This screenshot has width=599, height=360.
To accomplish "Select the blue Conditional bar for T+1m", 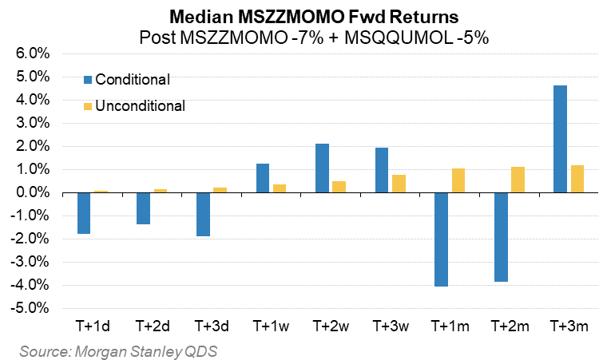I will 440,239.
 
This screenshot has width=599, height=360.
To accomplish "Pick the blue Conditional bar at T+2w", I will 322,168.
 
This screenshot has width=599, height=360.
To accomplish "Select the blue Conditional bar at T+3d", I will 203,215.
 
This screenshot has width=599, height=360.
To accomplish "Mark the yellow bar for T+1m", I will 457,180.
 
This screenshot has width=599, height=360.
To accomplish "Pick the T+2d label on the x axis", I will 152,326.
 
